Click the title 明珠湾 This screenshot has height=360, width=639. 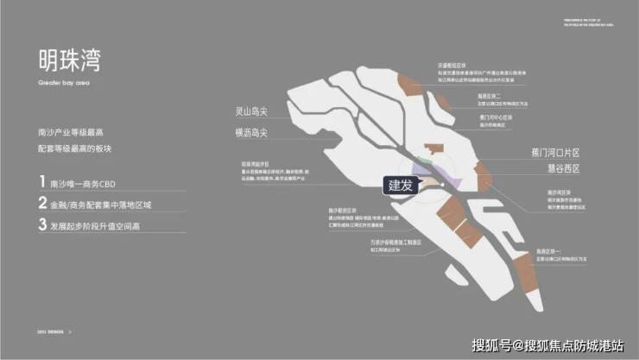click(69, 61)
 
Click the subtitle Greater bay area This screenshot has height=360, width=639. click(61, 85)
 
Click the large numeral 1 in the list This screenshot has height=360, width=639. click(41, 182)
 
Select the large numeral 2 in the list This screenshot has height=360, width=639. click(41, 204)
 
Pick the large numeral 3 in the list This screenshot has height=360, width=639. click(41, 225)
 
